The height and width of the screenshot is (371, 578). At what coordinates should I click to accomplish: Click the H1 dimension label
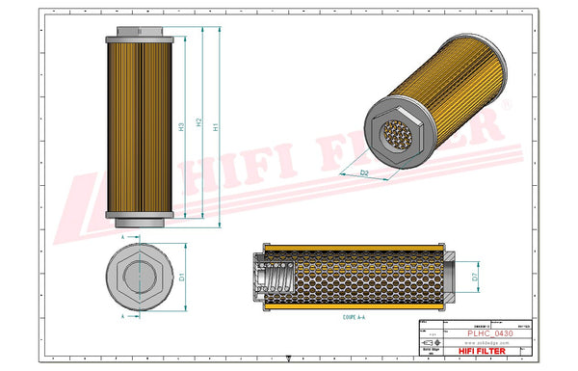(217, 126)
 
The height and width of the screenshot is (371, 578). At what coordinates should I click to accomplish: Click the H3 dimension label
(181, 126)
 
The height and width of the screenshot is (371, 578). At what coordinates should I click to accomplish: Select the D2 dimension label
(365, 172)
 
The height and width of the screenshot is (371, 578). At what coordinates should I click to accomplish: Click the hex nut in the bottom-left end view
(141, 277)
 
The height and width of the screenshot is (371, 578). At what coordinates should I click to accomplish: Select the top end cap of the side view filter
(141, 33)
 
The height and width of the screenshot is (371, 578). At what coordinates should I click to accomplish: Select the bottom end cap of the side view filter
(141, 214)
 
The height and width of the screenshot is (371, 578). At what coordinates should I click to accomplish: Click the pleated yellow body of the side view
(141, 123)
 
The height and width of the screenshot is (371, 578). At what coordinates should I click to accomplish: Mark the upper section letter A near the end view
(122, 235)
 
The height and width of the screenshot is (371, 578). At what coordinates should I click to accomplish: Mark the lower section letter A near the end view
(122, 316)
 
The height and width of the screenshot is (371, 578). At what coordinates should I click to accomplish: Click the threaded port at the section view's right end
(448, 278)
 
